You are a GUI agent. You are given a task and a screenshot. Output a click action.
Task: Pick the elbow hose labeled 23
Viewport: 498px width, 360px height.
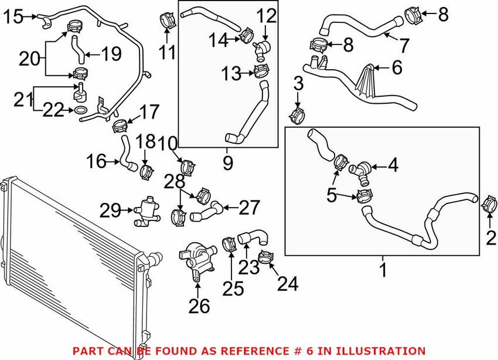(x=253, y=237)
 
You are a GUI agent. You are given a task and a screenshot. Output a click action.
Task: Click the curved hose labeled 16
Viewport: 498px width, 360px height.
(x=126, y=154)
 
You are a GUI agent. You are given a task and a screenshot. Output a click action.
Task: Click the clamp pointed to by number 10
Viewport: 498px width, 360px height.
(x=189, y=166)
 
